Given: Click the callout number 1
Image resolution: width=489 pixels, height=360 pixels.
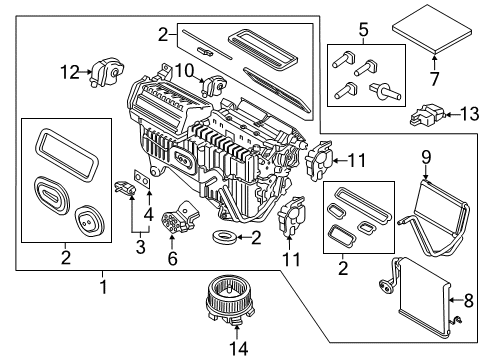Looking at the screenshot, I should point(101,286).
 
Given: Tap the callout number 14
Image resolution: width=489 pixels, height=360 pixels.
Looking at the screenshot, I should point(236,349).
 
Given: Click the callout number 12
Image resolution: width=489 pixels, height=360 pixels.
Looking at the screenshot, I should point(67,72).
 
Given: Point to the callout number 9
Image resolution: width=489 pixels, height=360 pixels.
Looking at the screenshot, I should point(425,155).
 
